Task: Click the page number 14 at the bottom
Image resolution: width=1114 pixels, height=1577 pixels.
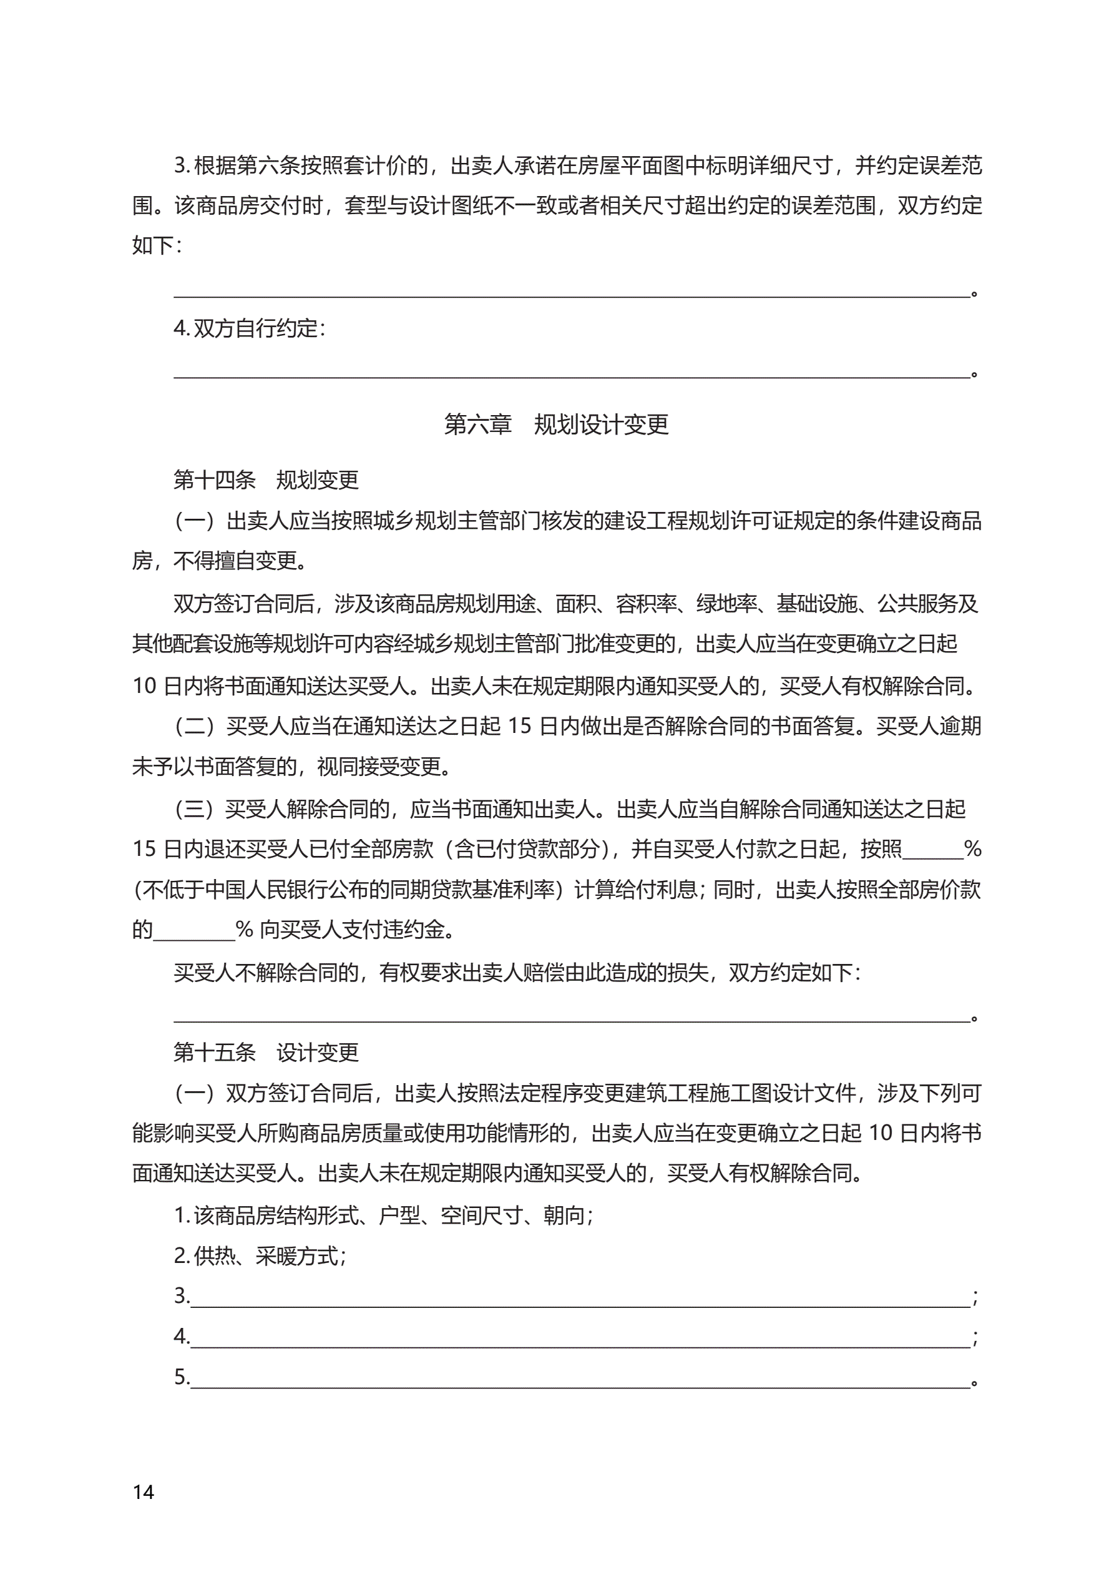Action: tap(144, 1492)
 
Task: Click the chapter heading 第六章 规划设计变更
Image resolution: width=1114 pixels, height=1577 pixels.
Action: tap(556, 425)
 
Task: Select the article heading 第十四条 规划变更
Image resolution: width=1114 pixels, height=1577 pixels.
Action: tap(266, 479)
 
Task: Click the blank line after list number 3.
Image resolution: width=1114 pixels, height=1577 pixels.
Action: tap(580, 1299)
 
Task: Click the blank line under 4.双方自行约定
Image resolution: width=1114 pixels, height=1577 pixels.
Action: tap(572, 371)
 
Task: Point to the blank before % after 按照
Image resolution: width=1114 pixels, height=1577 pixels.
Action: tap(932, 851)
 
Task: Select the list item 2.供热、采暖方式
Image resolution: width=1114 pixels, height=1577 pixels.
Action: tap(260, 1257)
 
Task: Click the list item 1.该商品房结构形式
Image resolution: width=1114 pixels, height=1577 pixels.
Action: tap(383, 1216)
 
